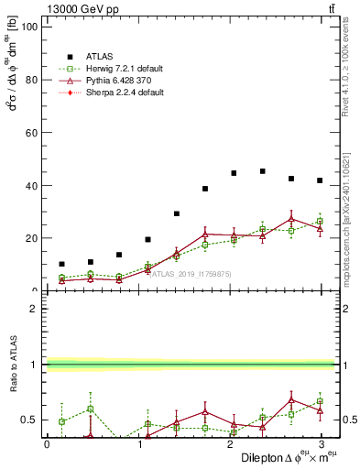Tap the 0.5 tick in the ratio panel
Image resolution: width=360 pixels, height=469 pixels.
27,420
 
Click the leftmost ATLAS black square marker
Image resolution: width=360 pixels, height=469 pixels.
61,264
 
